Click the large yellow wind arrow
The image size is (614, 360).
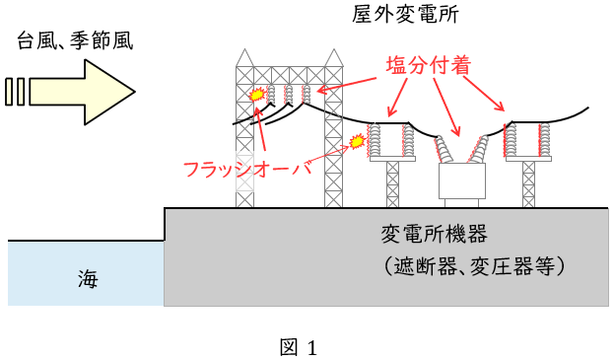[82, 93]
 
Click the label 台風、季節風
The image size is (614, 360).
[75, 40]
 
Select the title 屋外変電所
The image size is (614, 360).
[405, 14]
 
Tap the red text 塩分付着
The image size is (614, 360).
[428, 65]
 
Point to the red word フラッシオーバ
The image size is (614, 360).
[247, 170]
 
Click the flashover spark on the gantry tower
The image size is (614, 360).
[257, 95]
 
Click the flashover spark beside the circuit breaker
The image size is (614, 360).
[357, 141]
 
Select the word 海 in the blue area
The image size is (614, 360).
[88, 279]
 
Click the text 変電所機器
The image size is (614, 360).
[435, 234]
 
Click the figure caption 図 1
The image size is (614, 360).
[299, 347]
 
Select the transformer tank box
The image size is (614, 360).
[461, 180]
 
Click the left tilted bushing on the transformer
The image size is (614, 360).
[443, 149]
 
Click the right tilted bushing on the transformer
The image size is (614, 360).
[479, 149]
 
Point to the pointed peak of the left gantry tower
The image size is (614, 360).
[244, 49]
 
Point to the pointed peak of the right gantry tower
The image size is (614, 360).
[334, 49]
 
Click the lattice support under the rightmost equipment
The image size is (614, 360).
[528, 184]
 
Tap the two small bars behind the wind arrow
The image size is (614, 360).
[15, 92]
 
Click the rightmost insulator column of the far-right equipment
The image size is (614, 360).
[544, 140]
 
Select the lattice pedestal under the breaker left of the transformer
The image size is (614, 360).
[392, 184]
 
